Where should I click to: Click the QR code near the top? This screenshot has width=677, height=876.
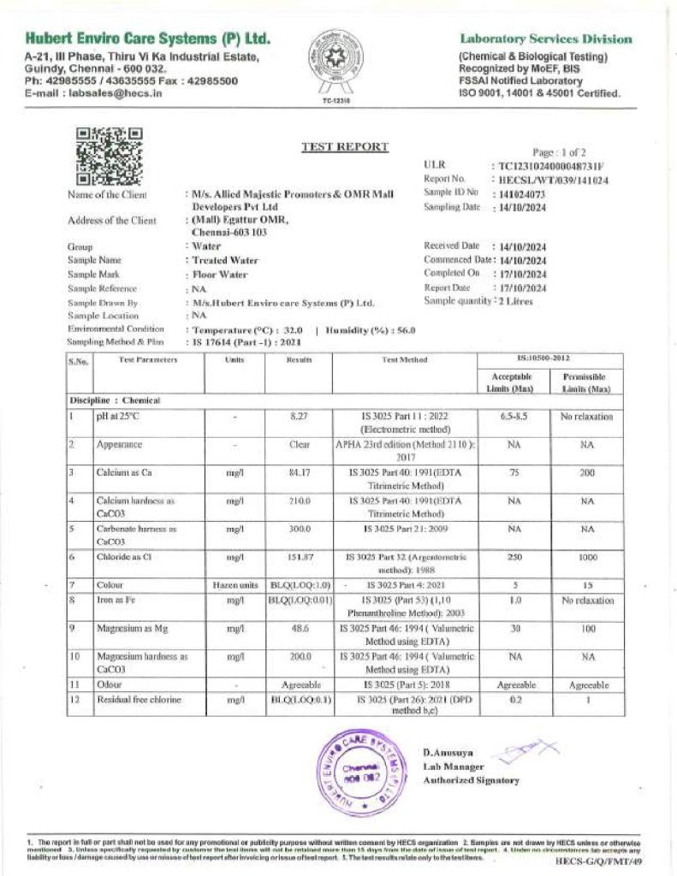(109, 157)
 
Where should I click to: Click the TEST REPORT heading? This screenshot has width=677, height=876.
(345, 147)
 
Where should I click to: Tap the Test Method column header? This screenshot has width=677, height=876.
(405, 360)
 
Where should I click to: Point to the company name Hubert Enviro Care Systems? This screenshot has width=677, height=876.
(148, 38)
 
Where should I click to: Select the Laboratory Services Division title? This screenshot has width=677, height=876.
(546, 38)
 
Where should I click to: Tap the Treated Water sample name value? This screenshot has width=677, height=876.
(225, 260)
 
